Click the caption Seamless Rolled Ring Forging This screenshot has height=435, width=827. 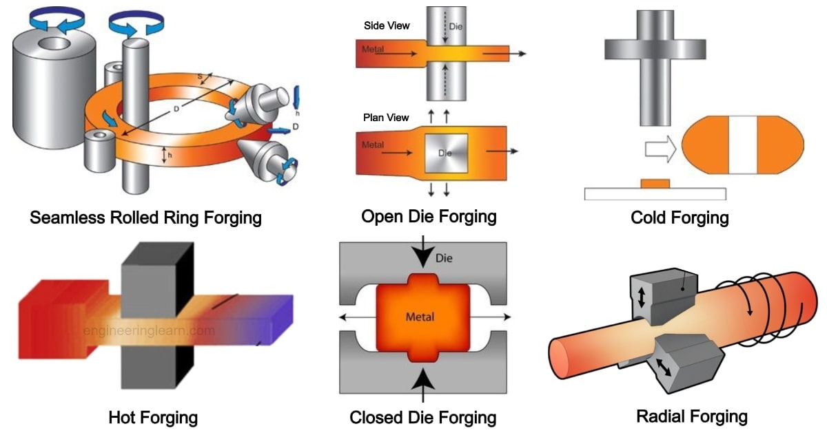pyautogui.click(x=145, y=218)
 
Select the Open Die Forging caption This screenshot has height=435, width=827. pyautogui.click(x=429, y=216)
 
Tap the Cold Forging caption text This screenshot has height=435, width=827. pyautogui.click(x=680, y=218)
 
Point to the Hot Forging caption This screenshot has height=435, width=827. pyautogui.click(x=153, y=417)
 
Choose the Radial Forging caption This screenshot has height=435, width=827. pyautogui.click(x=692, y=416)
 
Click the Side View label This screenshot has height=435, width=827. pyautogui.click(x=387, y=26)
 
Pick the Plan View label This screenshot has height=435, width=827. pyautogui.click(x=386, y=118)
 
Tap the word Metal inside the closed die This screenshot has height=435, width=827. pyautogui.click(x=419, y=317)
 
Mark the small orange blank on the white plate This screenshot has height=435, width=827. pyautogui.click(x=655, y=183)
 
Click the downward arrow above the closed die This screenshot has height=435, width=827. pyautogui.click(x=422, y=255)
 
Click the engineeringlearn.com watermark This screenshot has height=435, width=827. pyautogui.click(x=148, y=331)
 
